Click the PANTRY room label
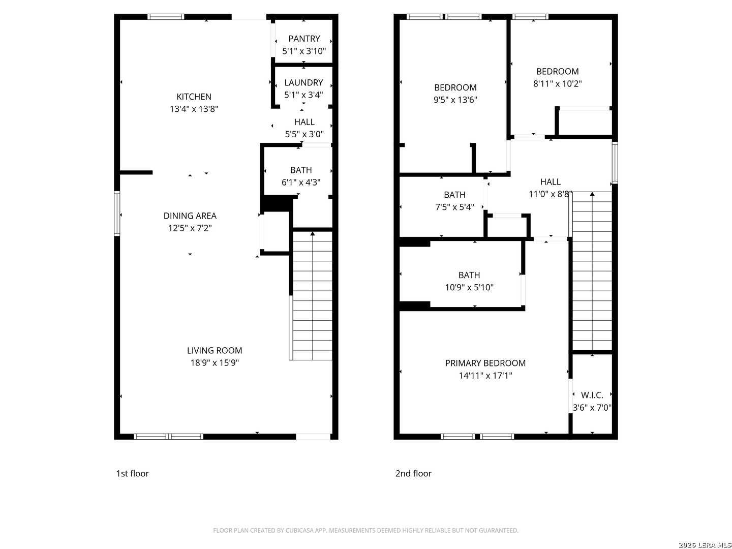[304, 39]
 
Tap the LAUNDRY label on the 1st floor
[303, 83]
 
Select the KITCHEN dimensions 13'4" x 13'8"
[194, 109]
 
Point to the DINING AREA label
[190, 216]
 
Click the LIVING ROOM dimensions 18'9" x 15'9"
[215, 362]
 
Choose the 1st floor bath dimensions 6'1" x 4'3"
[301, 182]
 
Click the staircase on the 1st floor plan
[312, 296]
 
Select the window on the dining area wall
[117, 213]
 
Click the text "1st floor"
[132, 474]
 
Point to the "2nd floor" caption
[413, 474]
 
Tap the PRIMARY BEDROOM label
[485, 363]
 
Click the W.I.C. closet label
[592, 395]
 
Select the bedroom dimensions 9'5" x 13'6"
[455, 100]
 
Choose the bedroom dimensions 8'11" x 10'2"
[557, 84]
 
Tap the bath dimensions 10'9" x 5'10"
[469, 287]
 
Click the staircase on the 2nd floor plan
[592, 271]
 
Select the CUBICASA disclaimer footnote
[366, 530]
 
